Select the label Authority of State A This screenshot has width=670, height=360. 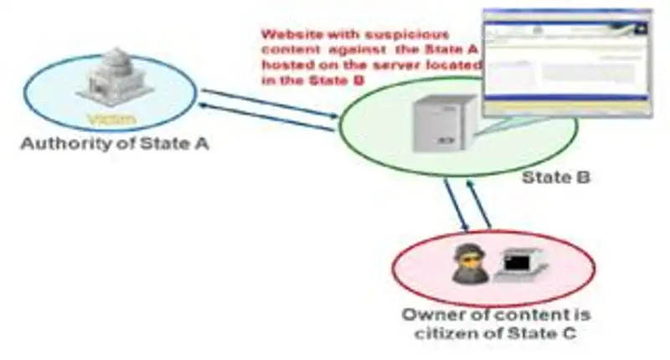point(115,143)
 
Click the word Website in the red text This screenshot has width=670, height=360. point(291,35)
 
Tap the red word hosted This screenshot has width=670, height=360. point(286,66)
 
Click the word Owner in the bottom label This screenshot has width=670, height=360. point(429,316)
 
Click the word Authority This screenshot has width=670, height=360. point(56,143)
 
